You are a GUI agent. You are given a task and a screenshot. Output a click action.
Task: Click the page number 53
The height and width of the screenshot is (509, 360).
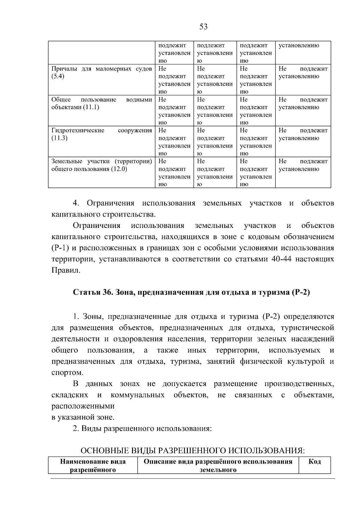point(203,27)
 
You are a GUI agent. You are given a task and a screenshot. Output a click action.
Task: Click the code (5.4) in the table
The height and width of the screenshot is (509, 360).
point(58,76)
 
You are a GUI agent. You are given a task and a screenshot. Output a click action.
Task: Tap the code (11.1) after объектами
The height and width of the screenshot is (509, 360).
point(91,107)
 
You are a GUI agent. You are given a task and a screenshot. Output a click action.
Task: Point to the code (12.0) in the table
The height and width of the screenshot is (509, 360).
point(119,169)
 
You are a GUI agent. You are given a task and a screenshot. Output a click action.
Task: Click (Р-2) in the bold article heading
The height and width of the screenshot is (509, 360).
point(300,292)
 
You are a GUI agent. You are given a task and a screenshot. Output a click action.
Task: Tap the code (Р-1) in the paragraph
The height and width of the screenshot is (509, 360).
point(61,248)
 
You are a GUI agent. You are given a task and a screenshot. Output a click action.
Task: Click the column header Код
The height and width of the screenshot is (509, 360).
point(315,462)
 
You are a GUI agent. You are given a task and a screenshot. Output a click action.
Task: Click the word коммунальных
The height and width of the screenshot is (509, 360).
point(137,395)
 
